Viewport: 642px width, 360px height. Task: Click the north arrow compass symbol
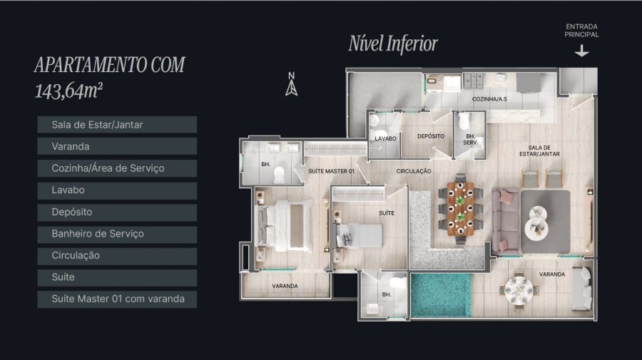click(291, 84)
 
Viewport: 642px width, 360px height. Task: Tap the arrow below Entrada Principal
click(581, 51)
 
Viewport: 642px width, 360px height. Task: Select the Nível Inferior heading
click(393, 43)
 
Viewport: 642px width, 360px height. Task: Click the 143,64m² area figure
click(68, 91)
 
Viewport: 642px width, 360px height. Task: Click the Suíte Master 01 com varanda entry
click(117, 299)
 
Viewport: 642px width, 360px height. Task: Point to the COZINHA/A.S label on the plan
click(489, 99)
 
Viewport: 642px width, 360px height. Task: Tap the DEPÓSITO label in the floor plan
click(431, 136)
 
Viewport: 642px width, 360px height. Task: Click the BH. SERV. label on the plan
click(471, 139)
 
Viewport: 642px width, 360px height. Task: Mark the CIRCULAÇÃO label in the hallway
click(414, 171)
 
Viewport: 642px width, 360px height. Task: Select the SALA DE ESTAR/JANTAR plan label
click(539, 150)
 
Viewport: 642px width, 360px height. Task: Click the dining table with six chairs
click(461, 209)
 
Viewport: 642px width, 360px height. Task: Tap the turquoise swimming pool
click(441, 295)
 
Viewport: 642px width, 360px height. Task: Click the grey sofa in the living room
click(506, 220)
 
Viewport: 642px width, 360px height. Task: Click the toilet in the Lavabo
click(374, 120)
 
